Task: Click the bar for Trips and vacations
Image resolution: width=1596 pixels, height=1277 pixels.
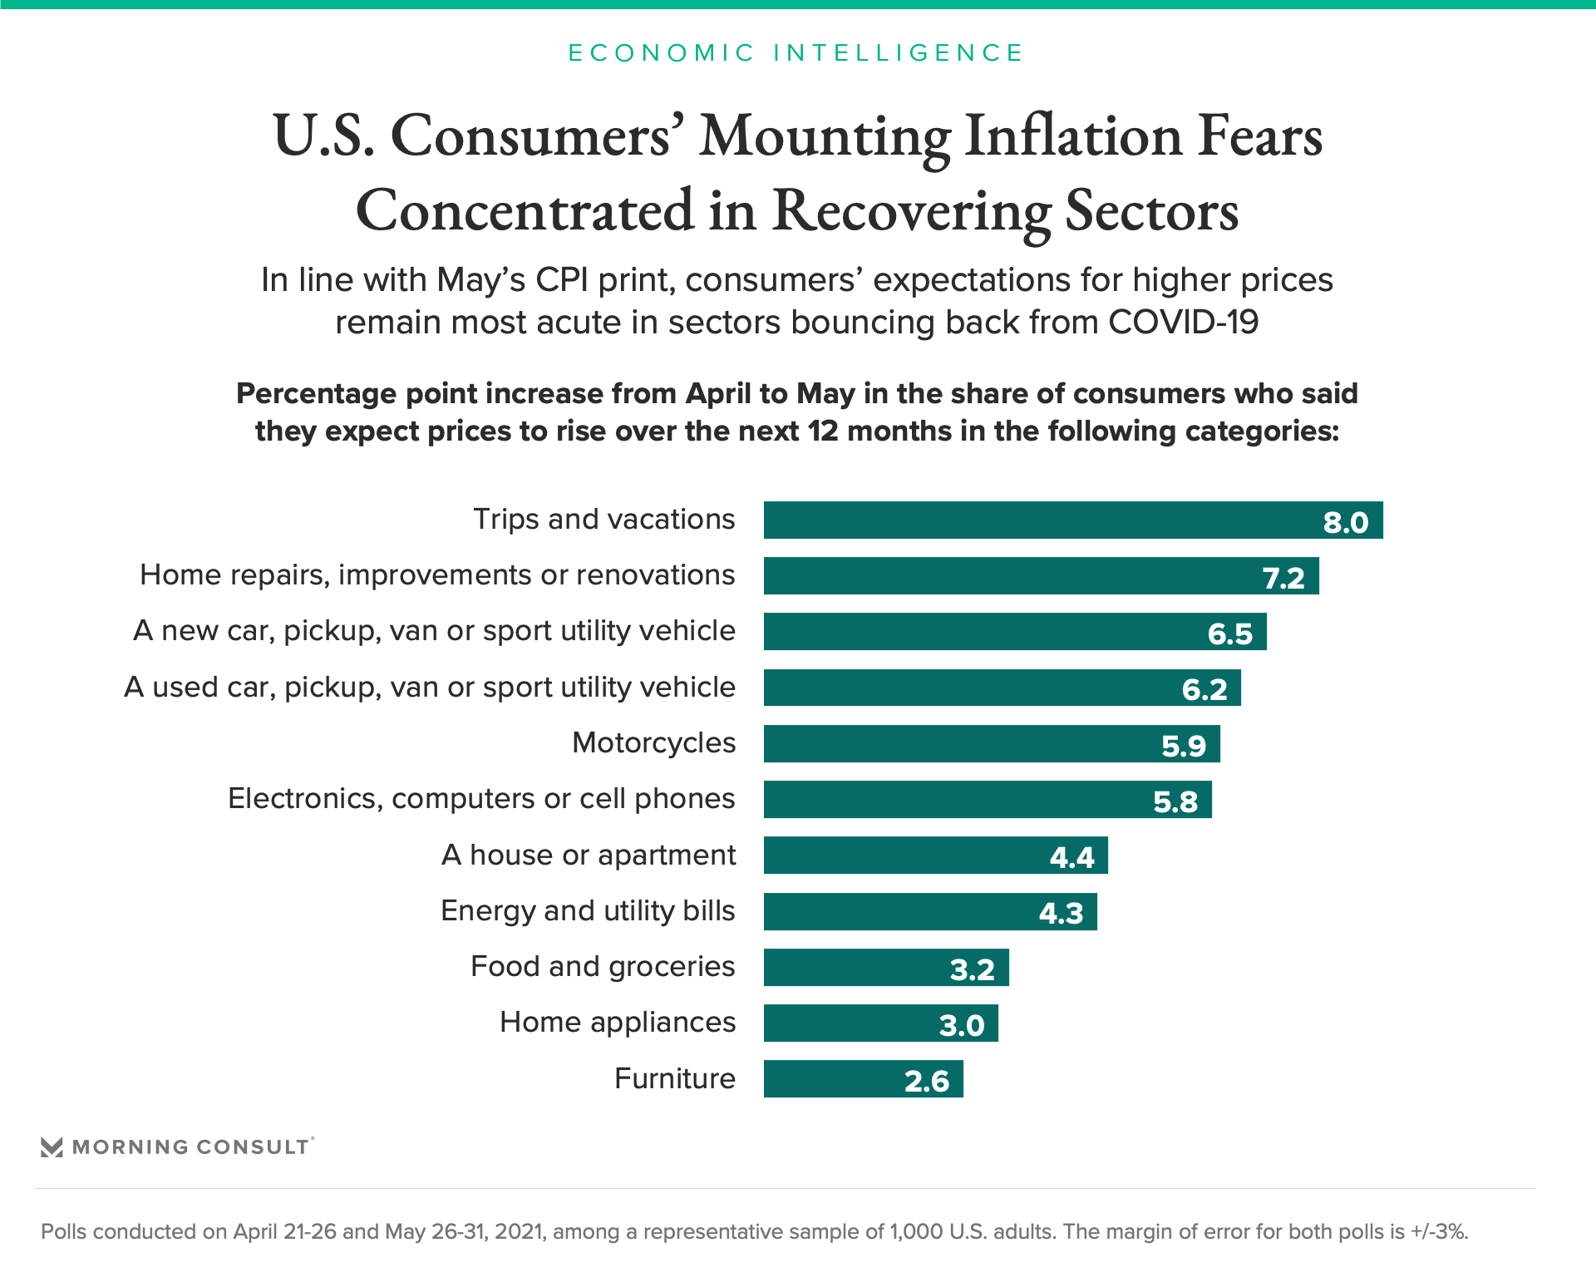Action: coord(1072,520)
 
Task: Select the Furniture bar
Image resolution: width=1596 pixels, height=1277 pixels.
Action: coord(863,1079)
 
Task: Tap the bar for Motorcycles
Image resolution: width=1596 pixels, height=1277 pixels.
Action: coord(991,744)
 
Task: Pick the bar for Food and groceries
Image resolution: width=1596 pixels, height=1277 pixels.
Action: coord(885,968)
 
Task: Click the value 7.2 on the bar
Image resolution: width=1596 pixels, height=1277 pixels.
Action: coord(1283,578)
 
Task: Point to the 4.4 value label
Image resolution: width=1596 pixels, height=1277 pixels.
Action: coord(1071,857)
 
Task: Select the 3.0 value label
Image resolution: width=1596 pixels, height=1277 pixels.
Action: coord(962,1025)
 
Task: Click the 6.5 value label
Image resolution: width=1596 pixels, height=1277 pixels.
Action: coord(1229,634)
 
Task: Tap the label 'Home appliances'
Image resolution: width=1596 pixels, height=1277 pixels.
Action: coord(618,1023)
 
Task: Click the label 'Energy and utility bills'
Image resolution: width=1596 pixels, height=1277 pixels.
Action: coord(588,911)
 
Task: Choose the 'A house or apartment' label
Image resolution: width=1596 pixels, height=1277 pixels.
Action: coord(589,855)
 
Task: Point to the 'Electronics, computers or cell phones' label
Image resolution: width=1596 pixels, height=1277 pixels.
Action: coord(481,799)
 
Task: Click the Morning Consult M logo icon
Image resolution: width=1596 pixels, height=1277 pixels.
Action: coord(52,1147)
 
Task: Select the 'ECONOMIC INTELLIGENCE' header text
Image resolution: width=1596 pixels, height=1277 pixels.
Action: coord(796,53)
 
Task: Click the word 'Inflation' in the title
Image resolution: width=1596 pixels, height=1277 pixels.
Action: coord(1073,136)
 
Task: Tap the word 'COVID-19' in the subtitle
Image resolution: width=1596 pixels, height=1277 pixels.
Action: coord(1184,323)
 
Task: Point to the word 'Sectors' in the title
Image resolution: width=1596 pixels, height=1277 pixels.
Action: coord(1151,211)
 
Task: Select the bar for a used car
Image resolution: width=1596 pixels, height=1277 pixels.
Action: coord(1002,688)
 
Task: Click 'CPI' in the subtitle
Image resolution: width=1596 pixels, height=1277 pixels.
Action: coord(562,280)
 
